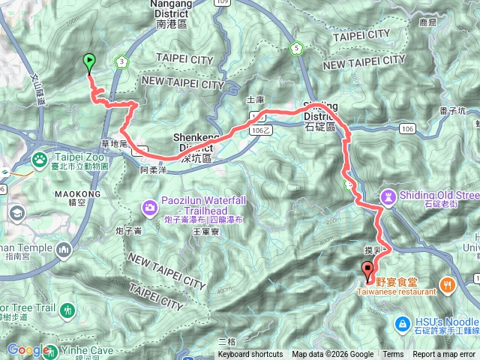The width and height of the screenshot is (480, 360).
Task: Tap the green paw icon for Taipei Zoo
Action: (x=38, y=159)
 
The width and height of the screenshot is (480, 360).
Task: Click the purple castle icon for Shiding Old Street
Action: (x=388, y=197)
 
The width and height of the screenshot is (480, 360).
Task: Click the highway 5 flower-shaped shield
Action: (x=297, y=49)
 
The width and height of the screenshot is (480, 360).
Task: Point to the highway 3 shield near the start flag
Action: (x=121, y=61)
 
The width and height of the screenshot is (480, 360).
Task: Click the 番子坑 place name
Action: (x=453, y=111)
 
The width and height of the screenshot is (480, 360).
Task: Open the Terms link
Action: (x=393, y=355)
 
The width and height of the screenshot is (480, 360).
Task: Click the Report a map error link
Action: (x=445, y=355)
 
